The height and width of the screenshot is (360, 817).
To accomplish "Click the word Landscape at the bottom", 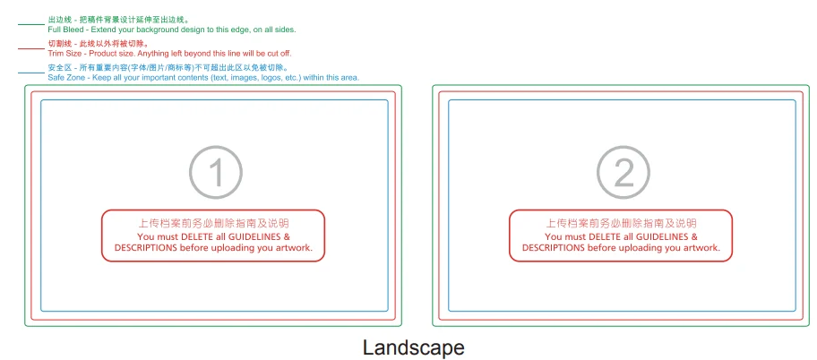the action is click(413, 347).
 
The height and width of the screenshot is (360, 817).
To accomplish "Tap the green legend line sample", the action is click(31, 24).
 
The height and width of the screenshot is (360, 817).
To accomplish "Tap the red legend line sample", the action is click(31, 48).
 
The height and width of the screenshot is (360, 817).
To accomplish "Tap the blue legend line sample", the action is click(31, 73).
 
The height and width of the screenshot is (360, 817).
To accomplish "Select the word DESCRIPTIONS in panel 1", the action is click(146, 247).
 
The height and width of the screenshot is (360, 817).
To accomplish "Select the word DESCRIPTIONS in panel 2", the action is click(554, 247).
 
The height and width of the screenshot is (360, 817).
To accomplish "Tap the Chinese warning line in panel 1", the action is click(213, 224).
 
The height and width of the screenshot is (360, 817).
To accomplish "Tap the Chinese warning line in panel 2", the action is click(621, 224).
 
